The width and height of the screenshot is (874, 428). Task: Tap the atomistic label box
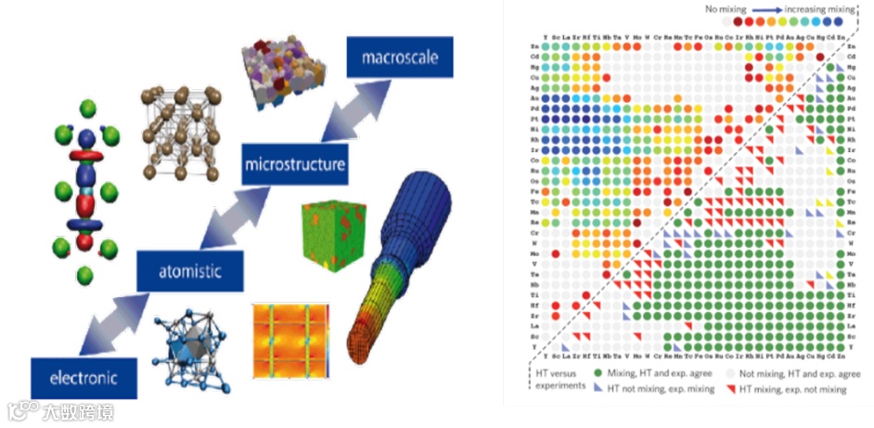point(189,270)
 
